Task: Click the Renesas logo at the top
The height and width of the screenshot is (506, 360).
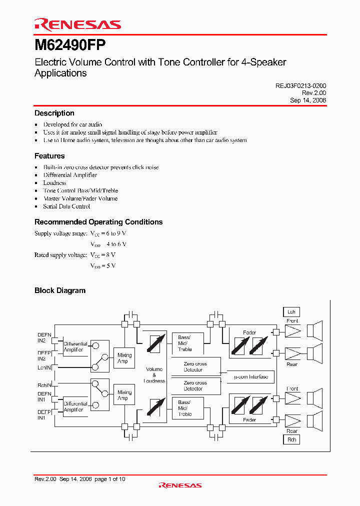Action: click(77, 24)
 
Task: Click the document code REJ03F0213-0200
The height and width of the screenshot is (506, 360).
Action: click(300, 86)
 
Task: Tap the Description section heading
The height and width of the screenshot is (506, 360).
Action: click(54, 113)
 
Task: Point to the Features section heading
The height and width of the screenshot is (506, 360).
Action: click(49, 156)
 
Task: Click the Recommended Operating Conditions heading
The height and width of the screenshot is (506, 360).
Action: click(98, 222)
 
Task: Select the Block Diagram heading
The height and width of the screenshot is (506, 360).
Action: click(59, 290)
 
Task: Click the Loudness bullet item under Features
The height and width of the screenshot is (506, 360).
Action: click(54, 183)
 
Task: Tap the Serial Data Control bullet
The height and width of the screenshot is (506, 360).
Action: click(66, 206)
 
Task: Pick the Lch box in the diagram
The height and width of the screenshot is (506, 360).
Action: click(291, 311)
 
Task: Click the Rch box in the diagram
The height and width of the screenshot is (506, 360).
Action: click(291, 439)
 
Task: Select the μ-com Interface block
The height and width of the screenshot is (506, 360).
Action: click(247, 376)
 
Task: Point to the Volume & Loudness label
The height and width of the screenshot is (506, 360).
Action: click(154, 375)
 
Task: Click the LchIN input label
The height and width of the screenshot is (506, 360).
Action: click(44, 367)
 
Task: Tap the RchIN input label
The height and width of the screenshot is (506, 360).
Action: click(44, 385)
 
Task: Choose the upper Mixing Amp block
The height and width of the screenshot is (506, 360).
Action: click(124, 358)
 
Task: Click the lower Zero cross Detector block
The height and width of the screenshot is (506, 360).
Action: click(195, 385)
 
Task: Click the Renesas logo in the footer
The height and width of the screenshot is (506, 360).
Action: click(180, 485)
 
